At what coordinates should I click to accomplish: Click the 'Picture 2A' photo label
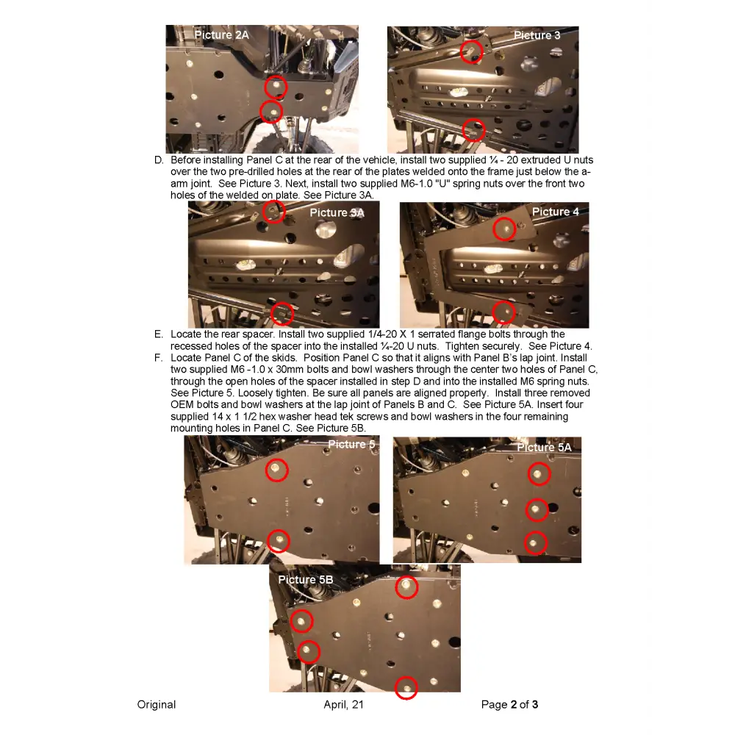221,35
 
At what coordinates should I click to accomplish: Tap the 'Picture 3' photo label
537,35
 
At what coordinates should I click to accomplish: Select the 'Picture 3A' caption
337,212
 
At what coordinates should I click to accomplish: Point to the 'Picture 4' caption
555,212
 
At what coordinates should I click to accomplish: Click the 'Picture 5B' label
305,580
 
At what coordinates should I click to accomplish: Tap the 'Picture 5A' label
544,447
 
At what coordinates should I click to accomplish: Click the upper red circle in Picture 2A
276,87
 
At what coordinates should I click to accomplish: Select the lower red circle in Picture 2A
271,112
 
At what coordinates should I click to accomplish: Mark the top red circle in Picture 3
471,51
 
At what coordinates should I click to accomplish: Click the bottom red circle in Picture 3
474,130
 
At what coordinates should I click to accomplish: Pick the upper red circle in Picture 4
504,229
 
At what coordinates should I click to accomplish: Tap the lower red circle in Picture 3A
282,314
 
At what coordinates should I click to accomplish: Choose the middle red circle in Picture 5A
537,509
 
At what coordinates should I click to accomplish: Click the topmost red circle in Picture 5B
406,587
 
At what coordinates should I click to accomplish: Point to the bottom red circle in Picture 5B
406,688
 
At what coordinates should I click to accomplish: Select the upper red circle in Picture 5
276,470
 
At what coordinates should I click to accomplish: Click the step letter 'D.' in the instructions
159,160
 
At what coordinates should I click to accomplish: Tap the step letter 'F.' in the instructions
159,358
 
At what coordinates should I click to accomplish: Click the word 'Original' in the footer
157,705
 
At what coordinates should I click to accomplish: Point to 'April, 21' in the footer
343,705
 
